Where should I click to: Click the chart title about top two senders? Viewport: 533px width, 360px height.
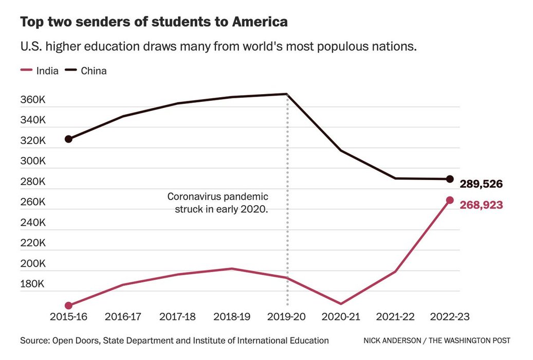click(154, 22)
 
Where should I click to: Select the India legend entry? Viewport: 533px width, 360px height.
click(40, 71)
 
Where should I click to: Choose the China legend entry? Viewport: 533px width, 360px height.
click(87, 71)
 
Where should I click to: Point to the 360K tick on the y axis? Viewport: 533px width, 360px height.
click(33, 100)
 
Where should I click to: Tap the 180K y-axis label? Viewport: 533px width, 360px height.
click(33, 284)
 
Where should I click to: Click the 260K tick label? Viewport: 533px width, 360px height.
click(33, 202)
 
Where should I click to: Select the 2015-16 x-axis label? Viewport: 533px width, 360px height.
click(68, 317)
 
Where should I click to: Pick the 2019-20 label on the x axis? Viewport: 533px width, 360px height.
click(286, 317)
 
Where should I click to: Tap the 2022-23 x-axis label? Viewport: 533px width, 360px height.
click(449, 317)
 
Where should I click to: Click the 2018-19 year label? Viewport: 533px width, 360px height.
click(231, 317)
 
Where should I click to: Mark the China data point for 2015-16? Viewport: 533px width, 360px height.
click(68, 139)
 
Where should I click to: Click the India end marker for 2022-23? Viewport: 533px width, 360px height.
click(449, 200)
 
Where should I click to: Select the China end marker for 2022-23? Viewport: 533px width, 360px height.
click(449, 179)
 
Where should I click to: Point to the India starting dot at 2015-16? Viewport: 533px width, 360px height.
click(68, 305)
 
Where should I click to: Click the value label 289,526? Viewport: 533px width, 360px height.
click(481, 184)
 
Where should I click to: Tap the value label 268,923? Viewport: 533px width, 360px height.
click(481, 205)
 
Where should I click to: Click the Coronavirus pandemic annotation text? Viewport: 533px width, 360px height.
click(218, 203)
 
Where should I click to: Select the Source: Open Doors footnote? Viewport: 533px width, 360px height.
click(174, 340)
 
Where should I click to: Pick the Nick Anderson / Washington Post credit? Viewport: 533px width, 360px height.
click(437, 341)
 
